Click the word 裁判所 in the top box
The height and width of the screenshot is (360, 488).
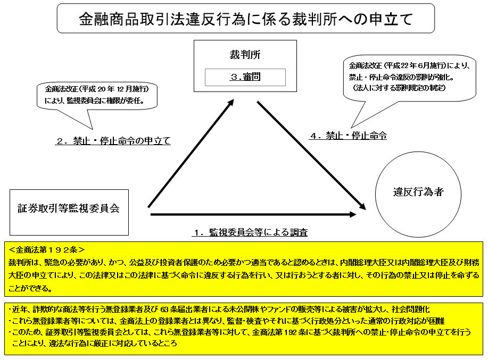tap(245, 55)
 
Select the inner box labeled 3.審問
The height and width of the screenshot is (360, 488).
tap(245, 77)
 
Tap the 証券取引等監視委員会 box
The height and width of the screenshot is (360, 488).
tap(69, 208)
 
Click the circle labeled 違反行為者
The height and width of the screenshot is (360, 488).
tap(418, 193)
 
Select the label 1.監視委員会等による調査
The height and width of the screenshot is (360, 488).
tap(250, 232)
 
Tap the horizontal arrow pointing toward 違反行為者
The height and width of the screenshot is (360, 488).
tap(253, 215)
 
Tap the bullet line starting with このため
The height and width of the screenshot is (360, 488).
tap(240, 332)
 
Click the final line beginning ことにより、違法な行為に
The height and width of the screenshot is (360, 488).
tap(96, 344)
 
